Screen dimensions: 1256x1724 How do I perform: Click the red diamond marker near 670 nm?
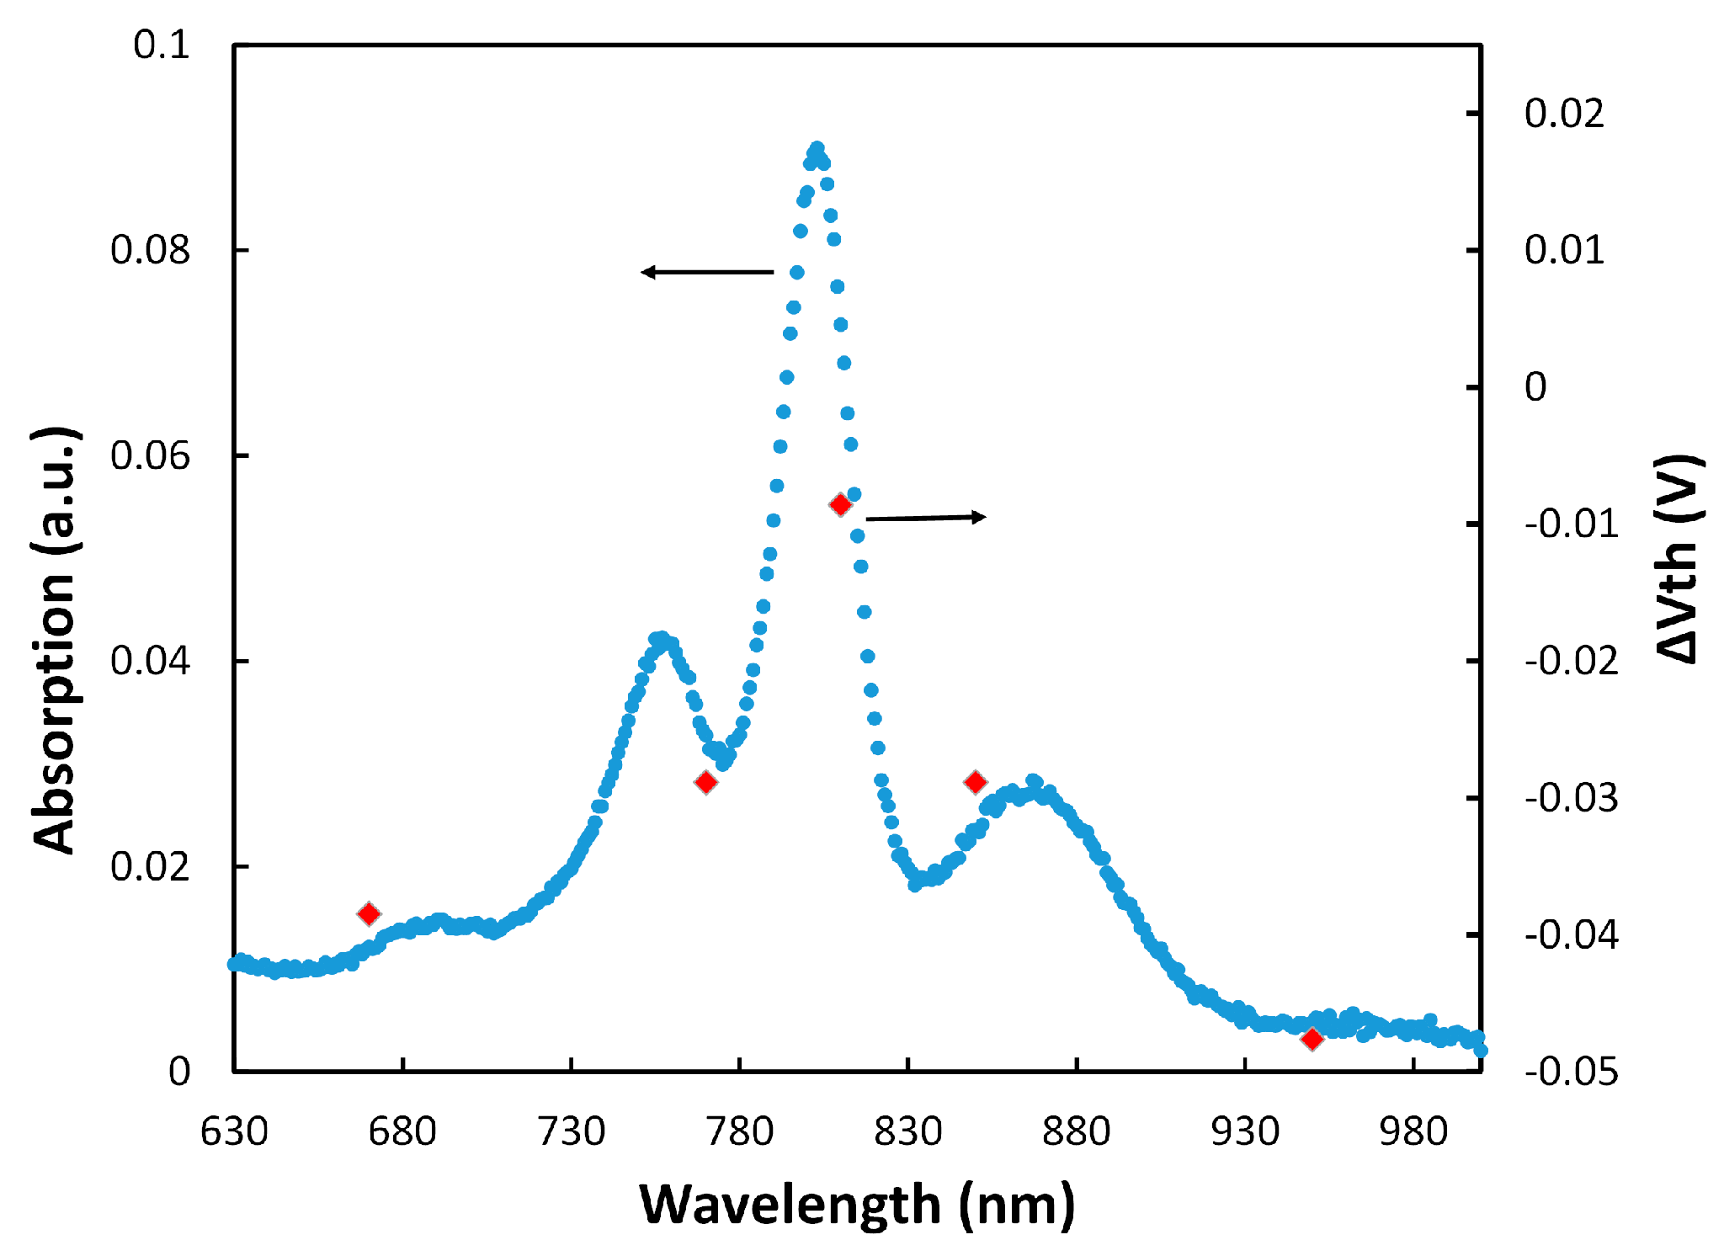369,913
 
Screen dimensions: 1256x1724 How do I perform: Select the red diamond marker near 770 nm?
706,782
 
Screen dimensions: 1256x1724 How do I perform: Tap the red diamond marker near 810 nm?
840,504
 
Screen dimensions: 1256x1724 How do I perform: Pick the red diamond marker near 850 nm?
975,782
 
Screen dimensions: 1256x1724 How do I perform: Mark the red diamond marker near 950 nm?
1312,1040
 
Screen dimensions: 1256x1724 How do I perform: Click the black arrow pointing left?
707,272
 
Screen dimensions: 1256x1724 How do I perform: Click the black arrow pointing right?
926,518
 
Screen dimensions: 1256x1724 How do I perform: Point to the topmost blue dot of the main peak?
817,148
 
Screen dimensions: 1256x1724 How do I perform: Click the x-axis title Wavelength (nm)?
857,1204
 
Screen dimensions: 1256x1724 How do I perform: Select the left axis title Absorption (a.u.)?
56,640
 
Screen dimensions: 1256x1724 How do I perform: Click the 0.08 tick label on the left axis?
151,250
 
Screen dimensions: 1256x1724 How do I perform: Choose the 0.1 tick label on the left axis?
162,45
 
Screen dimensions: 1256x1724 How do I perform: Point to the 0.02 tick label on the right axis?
1564,113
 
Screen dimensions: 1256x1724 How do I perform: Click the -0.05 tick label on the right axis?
1571,1072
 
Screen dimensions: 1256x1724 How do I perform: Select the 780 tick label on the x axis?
740,1131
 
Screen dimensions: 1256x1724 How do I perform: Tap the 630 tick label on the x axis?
234,1131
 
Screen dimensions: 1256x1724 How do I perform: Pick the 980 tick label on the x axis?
1413,1131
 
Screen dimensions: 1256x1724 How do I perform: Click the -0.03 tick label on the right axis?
1571,797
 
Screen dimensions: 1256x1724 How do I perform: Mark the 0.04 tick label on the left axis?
151,661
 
